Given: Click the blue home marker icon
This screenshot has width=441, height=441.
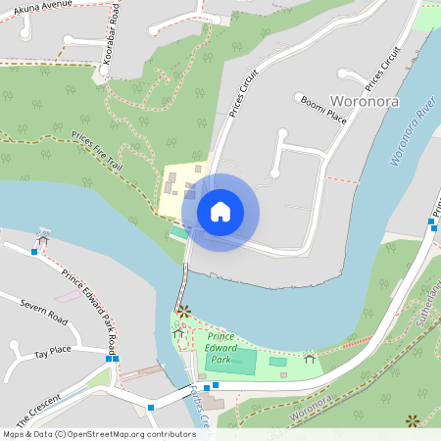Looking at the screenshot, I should click(x=220, y=212).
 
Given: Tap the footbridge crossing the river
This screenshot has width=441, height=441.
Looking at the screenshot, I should click(x=182, y=284).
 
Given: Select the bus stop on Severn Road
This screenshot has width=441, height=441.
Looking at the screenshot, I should click(x=34, y=252).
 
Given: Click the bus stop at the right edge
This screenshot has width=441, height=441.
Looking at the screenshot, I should click(x=431, y=222).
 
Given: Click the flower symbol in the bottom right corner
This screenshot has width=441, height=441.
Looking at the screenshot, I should click(x=413, y=420).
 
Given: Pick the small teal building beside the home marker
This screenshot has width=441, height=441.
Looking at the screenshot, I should click(x=178, y=232).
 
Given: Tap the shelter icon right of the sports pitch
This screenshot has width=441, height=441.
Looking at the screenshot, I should click(x=310, y=359).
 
